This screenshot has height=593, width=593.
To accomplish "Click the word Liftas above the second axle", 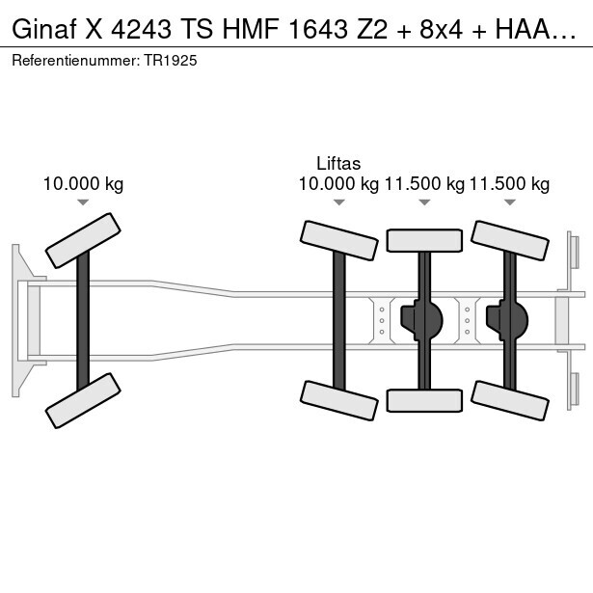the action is (x=338, y=164).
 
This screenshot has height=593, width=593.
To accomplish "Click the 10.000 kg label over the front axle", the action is (x=83, y=184).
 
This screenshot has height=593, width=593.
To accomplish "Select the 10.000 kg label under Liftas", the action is (x=338, y=184).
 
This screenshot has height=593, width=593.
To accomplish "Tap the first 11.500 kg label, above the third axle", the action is (x=424, y=184).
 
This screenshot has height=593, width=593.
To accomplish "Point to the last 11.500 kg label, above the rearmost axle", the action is (x=509, y=184).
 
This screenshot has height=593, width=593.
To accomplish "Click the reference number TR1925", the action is (x=171, y=61).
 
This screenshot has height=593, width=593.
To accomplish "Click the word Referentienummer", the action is (x=75, y=61).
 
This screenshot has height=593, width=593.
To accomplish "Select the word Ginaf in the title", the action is (x=44, y=29).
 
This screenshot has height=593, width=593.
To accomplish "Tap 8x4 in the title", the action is (x=441, y=29).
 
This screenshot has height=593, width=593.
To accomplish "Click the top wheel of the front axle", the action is (x=83, y=240).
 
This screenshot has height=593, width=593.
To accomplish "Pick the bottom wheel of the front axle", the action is (x=83, y=400).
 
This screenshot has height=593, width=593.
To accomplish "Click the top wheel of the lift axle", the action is (x=338, y=240).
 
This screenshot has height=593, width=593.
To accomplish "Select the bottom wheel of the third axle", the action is (x=424, y=400).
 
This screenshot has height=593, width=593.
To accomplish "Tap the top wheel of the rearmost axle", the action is (x=510, y=240).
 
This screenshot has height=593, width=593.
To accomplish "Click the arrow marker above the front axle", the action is (x=83, y=202).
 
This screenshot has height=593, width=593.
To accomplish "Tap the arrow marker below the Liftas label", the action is (x=338, y=202).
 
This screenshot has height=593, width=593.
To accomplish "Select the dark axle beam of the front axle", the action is (x=83, y=321).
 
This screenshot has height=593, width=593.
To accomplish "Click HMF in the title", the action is (x=252, y=29).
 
